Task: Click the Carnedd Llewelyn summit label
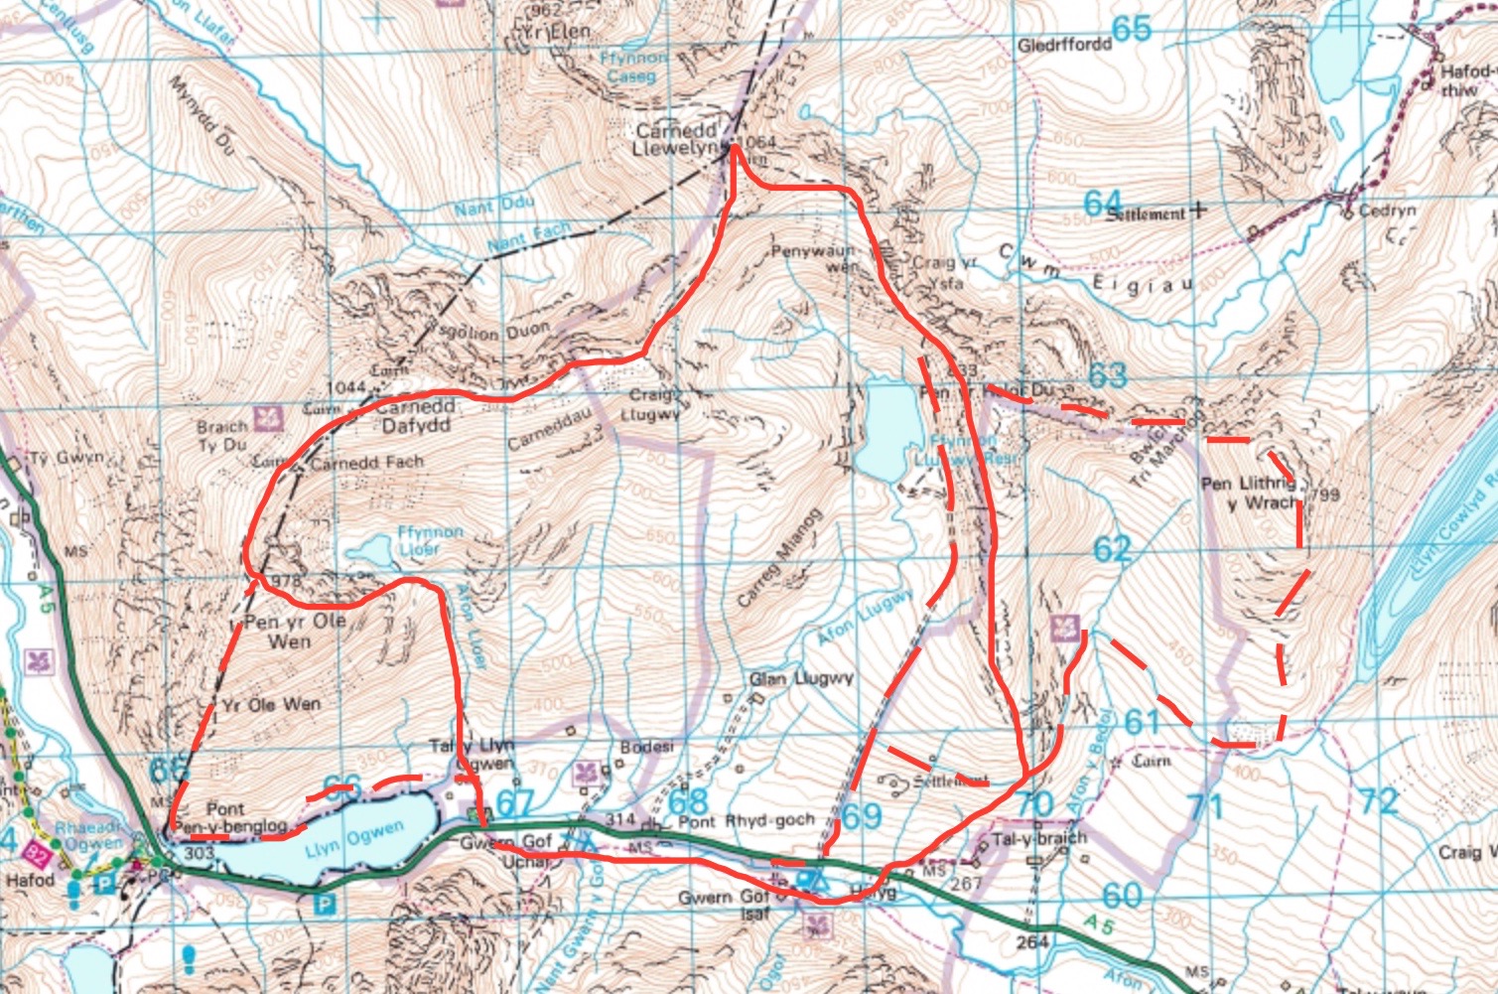(675, 139)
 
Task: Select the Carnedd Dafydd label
(416, 416)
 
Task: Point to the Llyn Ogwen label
(354, 840)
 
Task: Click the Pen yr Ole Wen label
(295, 631)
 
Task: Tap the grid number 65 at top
(1131, 29)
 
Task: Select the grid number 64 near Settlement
(1102, 204)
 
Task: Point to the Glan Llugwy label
(801, 679)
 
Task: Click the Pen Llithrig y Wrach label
(1249, 494)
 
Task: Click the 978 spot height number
(284, 581)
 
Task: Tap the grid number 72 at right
(1379, 800)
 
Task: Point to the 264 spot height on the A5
(1032, 939)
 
